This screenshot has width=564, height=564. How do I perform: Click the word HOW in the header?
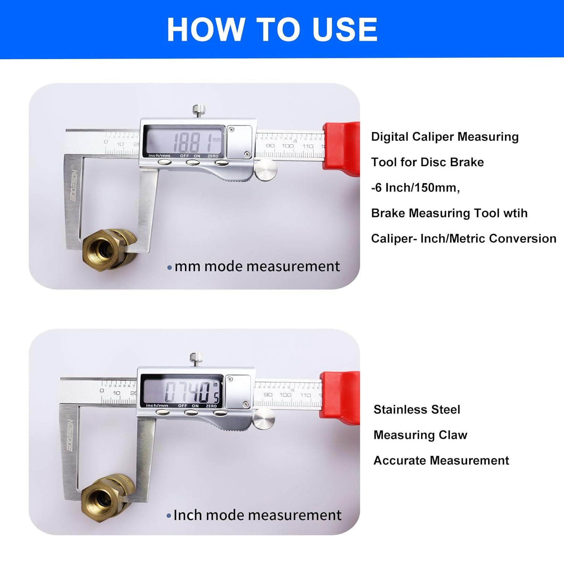click(205, 30)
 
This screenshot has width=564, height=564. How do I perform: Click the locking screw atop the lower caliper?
click(196, 359)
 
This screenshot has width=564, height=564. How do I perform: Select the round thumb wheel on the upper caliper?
click(266, 170)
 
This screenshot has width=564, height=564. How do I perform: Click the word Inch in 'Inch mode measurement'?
click(188, 515)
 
